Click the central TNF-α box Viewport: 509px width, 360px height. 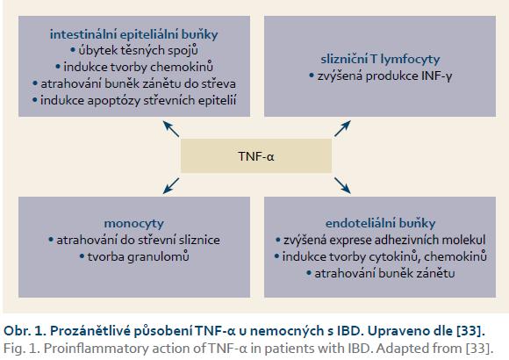(x=256, y=156)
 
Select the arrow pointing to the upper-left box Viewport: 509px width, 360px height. (x=171, y=129)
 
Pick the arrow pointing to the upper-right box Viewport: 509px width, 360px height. (x=342, y=128)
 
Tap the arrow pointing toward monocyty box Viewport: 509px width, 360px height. (x=171, y=186)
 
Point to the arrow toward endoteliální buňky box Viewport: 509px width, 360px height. (x=342, y=186)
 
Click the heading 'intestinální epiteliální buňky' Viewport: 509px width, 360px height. (x=133, y=34)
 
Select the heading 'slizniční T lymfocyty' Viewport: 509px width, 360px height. (x=380, y=59)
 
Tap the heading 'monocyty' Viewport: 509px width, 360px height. (x=133, y=224)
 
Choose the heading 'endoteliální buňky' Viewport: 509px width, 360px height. (x=380, y=223)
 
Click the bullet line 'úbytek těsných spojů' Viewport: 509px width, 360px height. (x=134, y=50)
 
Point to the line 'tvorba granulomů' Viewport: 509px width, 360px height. (x=134, y=256)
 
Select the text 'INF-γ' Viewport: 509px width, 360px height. (x=437, y=76)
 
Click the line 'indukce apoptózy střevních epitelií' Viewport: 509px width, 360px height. (x=134, y=100)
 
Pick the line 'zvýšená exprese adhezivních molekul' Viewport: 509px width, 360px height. (x=380, y=240)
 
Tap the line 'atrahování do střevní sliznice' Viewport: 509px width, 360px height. (x=134, y=240)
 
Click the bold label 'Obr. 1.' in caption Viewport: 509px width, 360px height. (x=25, y=331)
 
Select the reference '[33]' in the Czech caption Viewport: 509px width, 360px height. (x=470, y=331)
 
